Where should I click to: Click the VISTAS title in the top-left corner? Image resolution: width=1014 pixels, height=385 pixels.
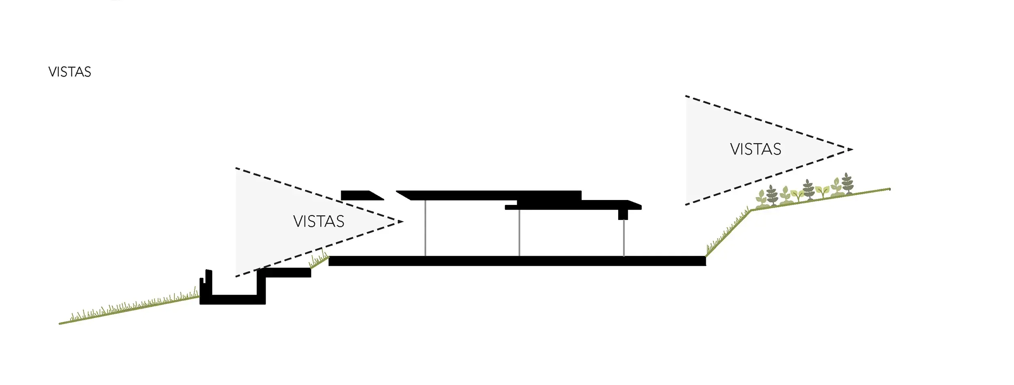pos(70,72)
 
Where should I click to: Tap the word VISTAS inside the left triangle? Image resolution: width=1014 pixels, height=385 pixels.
pos(319,222)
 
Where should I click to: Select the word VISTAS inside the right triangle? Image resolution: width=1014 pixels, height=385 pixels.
pos(756,149)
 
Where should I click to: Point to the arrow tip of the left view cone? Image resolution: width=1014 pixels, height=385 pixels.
pos(402,222)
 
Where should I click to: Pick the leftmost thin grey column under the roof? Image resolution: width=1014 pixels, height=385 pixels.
pos(425,228)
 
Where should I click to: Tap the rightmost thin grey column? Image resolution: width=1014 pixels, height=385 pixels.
pos(624,238)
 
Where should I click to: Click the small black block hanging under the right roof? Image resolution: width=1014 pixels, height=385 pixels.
pos(623,214)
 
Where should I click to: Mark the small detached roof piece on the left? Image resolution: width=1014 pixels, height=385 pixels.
pos(359,196)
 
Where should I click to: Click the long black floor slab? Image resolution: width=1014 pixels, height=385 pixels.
pos(517,261)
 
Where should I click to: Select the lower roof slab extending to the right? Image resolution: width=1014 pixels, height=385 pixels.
pos(576,205)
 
